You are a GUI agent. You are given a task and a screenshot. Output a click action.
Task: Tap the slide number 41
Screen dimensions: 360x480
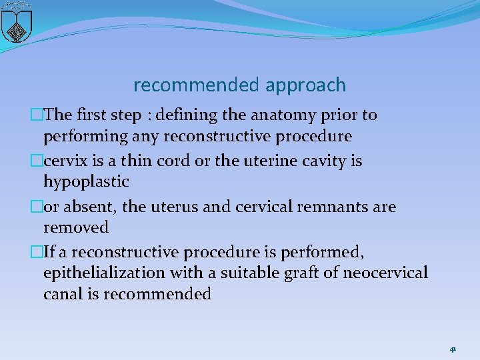point(453,349)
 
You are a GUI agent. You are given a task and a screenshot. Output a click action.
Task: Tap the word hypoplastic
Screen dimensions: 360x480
point(86,182)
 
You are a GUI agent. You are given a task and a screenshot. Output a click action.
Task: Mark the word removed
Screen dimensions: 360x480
point(76,228)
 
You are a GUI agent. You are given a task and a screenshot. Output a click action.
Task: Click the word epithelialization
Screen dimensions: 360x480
point(103,273)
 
